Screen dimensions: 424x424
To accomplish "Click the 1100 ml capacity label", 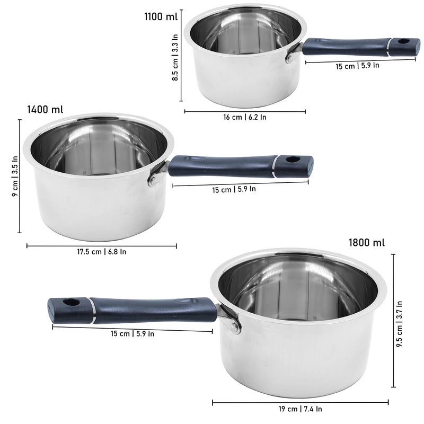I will tap(161, 16).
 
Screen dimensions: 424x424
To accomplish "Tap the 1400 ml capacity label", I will tap(45, 110).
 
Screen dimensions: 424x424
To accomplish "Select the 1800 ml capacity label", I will tap(366, 243).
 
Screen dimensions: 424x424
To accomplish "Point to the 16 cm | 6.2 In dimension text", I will tap(245, 117).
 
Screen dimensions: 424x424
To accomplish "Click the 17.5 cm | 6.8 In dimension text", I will tap(102, 252).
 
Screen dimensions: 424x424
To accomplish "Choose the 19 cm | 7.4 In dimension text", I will tap(301, 409).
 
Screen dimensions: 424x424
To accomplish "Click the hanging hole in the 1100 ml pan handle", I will tap(400, 41).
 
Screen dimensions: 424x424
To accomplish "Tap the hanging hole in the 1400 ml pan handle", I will tap(292, 160).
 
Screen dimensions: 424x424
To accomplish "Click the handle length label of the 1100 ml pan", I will tap(358, 66).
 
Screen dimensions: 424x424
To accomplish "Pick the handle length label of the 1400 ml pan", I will tap(234, 189).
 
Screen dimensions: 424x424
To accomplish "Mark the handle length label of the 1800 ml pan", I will tap(132, 334).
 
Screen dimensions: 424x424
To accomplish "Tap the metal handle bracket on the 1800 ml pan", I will tap(231, 320).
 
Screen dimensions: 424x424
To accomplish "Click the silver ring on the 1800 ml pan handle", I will tap(93, 311).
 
